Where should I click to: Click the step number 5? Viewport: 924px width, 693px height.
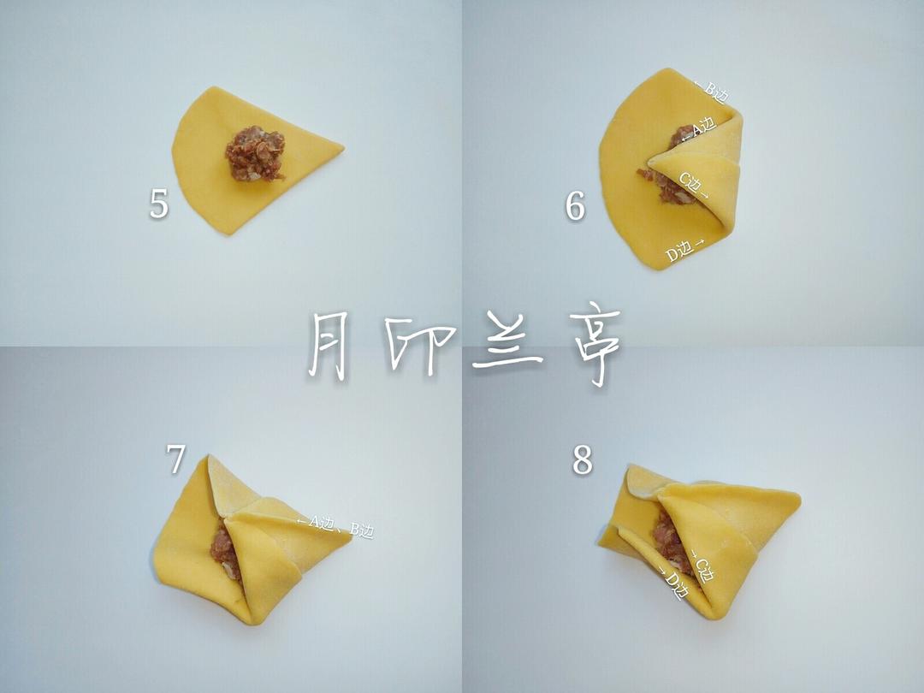click(158, 204)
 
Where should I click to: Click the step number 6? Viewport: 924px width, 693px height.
click(575, 206)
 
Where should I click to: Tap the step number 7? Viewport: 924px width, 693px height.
click(175, 459)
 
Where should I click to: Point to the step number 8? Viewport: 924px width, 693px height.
click(583, 460)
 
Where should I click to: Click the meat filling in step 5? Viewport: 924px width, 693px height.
click(255, 153)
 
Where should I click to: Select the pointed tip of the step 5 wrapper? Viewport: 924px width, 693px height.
click(343, 147)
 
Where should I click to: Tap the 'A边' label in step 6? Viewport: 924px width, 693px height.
click(699, 131)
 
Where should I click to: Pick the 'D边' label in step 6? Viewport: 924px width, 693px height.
click(684, 250)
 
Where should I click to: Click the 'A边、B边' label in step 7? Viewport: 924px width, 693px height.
click(335, 525)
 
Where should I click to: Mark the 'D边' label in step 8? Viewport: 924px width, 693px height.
click(673, 583)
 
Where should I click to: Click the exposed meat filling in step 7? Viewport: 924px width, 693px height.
click(224, 552)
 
